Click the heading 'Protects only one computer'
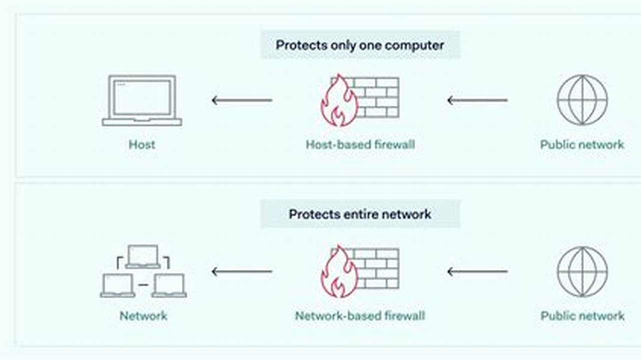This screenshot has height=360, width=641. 360,45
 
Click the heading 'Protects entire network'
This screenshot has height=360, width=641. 360,214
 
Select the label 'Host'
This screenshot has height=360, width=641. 142,145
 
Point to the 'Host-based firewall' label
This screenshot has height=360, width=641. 360,145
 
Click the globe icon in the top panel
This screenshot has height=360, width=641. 582,100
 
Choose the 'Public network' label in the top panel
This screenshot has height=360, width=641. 582,145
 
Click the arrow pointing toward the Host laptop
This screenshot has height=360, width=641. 242,100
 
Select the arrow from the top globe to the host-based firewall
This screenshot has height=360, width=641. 477,100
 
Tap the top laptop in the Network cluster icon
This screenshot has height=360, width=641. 143,256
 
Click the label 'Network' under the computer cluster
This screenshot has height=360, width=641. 143,316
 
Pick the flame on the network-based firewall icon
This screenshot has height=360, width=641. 339,273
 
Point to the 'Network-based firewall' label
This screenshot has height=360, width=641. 360,316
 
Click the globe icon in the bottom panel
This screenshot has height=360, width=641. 582,271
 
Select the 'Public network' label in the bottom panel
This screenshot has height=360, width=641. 582,316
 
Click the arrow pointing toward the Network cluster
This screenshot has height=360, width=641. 242,272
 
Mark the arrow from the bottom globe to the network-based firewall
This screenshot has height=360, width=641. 477,272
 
